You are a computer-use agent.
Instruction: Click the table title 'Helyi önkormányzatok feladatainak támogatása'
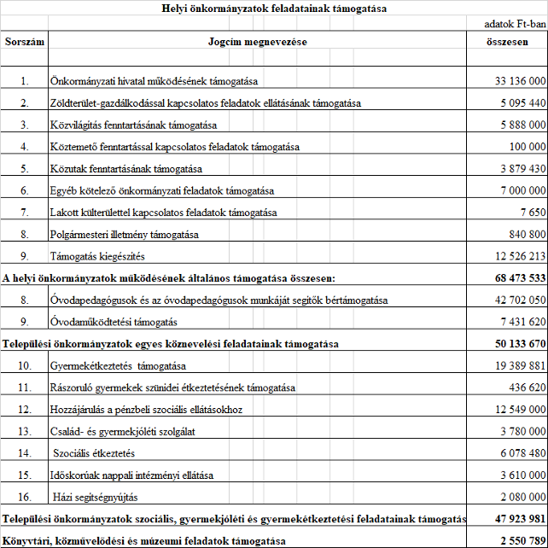(273, 9)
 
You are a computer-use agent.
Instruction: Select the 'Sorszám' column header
(25, 41)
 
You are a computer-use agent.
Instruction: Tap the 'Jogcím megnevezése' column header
(257, 41)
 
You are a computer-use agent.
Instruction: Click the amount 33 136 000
(519, 81)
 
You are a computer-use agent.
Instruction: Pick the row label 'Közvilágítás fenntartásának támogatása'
(136, 125)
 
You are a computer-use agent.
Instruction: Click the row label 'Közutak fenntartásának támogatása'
(126, 168)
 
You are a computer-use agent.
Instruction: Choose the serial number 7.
(25, 212)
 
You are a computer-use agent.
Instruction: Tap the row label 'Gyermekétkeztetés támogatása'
(119, 365)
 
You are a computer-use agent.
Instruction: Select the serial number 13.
(25, 430)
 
